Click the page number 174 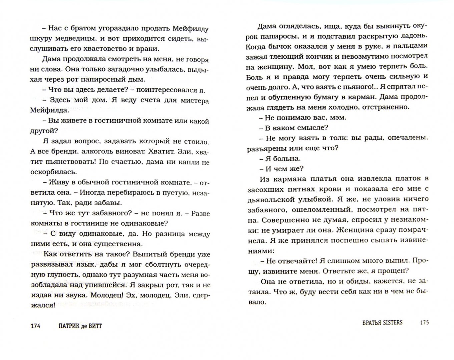[x=35, y=326]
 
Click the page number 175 [x=424, y=323]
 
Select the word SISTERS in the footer [x=393, y=323]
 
